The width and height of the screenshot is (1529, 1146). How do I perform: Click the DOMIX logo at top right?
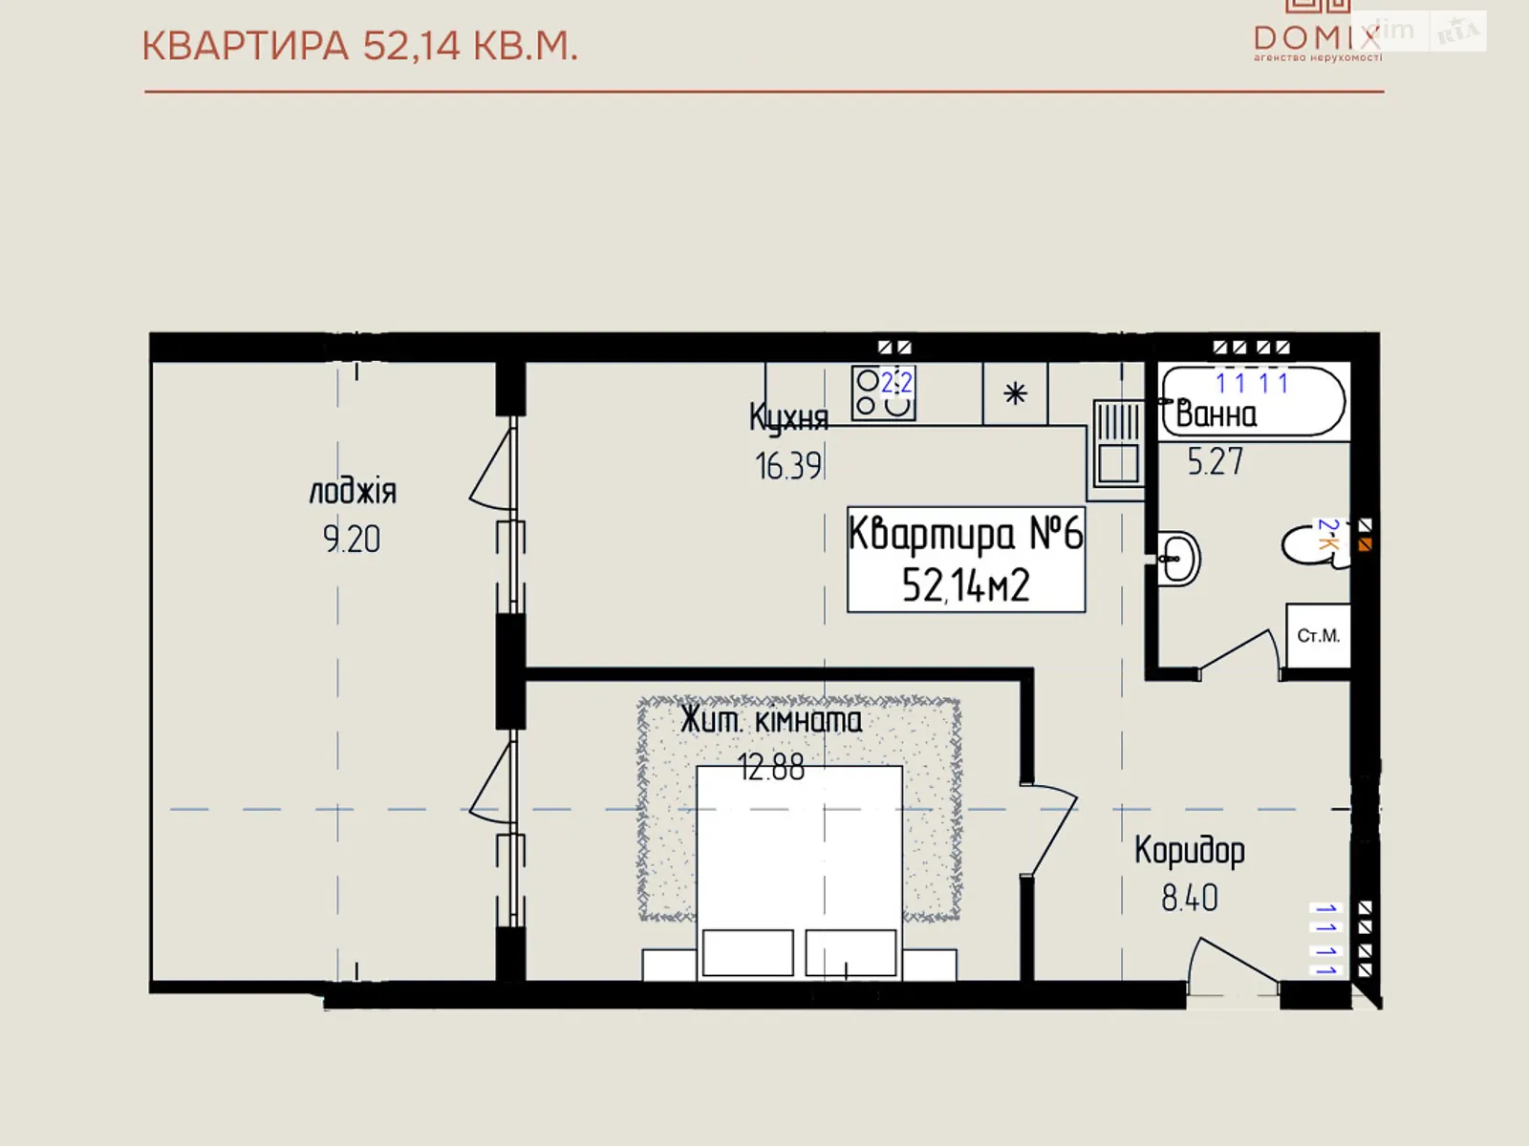point(1317,36)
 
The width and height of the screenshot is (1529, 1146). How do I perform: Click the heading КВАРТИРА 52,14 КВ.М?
point(359,46)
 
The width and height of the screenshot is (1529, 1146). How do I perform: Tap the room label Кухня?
point(787,417)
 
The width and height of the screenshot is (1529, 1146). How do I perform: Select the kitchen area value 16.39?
point(787,466)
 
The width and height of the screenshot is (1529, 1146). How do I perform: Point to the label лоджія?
point(352,492)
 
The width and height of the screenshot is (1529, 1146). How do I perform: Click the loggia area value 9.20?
point(352,540)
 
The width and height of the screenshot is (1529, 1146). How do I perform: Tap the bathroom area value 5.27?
point(1215,462)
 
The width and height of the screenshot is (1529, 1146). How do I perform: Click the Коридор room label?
point(1189,850)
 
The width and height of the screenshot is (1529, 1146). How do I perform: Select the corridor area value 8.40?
point(1189,899)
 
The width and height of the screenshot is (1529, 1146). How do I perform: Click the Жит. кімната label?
point(770,720)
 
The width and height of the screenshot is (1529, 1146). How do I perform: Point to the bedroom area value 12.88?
point(770,767)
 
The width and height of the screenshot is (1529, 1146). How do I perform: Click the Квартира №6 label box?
point(965,559)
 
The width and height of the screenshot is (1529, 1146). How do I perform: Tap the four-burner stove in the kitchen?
point(883,393)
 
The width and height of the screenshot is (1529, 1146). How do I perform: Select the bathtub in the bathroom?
point(1253,402)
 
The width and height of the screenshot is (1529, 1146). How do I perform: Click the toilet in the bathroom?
point(1314,545)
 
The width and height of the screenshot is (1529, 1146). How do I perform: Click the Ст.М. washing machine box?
point(1318,636)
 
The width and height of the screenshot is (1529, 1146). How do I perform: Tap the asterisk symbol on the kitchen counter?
point(1015,393)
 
